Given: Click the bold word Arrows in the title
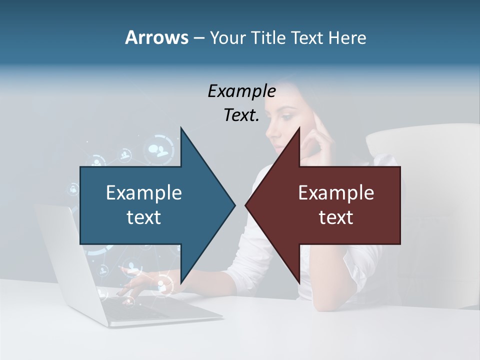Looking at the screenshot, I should tap(156, 38).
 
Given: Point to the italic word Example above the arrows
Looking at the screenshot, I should tap(241, 91).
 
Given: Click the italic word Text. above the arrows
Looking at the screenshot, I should tap(241, 115).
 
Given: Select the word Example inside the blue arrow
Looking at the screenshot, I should tap(144, 193).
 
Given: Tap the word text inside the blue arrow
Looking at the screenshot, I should tap(144, 217).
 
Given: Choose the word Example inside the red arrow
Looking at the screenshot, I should tap(336, 193).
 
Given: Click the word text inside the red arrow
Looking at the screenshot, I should tap(336, 217).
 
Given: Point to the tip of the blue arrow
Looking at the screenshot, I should tap(234, 205).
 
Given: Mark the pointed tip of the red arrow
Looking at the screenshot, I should tap(246, 205).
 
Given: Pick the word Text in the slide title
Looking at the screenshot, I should tap(307, 38).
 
